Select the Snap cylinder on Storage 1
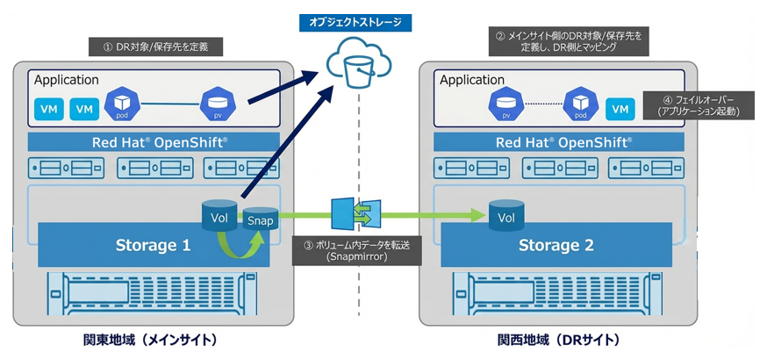pos(259,221)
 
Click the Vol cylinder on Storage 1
pos(219,215)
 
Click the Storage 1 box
pos(153,245)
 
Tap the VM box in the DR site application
pos(620,108)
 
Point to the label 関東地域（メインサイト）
pos(153,340)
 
